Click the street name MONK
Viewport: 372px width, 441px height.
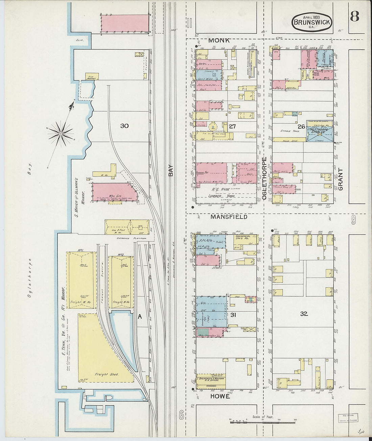(x=219, y=41)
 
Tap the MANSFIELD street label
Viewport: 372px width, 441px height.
(x=229, y=217)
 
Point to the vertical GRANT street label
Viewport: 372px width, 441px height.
(x=341, y=179)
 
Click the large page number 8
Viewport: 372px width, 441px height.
(x=354, y=16)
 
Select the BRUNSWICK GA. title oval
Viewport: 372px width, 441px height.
(x=312, y=22)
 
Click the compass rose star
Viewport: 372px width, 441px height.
(x=61, y=133)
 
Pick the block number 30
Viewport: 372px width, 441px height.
(x=124, y=126)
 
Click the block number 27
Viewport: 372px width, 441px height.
(x=232, y=126)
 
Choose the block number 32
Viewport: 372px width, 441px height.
(x=304, y=314)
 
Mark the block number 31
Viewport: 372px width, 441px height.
(x=233, y=315)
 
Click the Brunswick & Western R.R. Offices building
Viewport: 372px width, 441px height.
(x=211, y=379)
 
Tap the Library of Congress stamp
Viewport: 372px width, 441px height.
(x=348, y=418)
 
